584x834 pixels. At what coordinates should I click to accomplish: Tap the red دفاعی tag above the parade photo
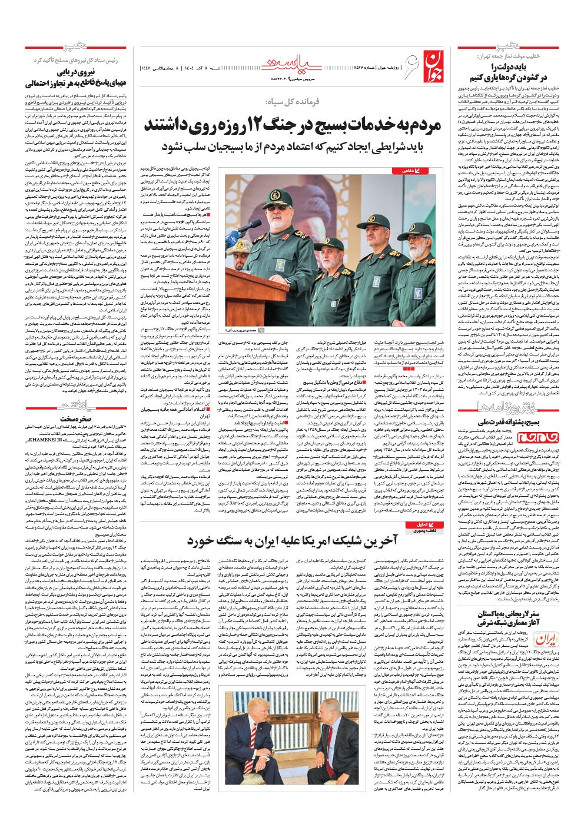coord(406,171)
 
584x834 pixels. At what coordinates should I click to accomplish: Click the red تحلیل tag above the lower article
coord(419,524)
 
